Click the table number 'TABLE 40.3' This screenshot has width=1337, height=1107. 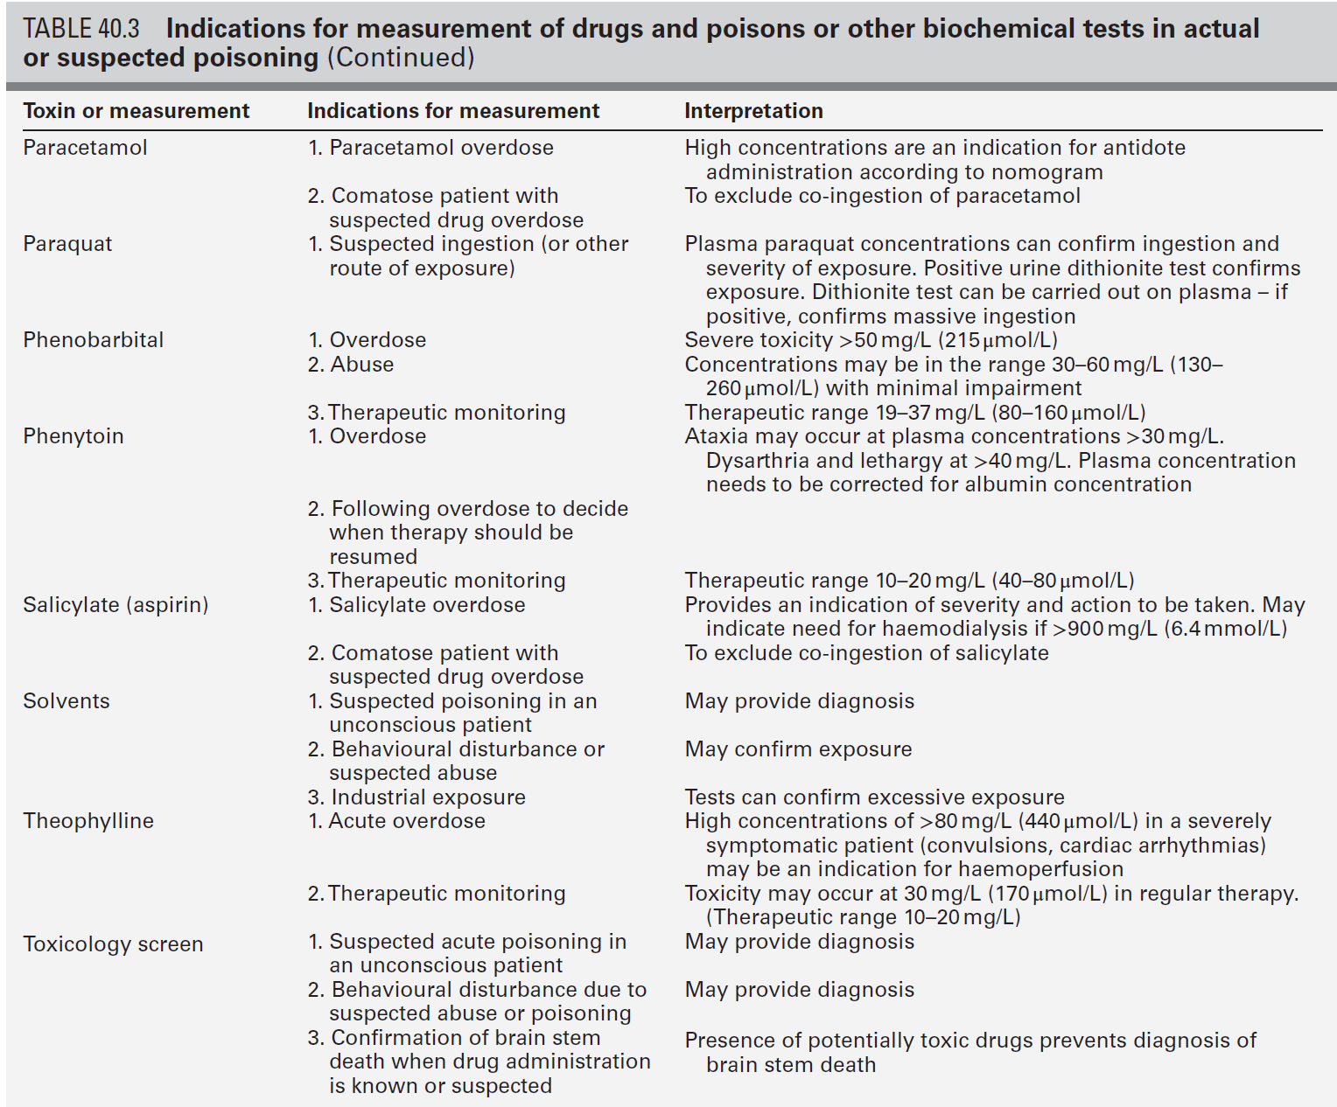[x=80, y=29]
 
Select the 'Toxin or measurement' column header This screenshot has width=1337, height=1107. [x=136, y=111]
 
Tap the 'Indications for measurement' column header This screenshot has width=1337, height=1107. [x=453, y=111]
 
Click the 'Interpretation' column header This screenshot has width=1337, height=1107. [x=753, y=111]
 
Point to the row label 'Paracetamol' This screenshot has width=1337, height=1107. [x=85, y=148]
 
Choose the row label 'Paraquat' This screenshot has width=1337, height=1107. [x=67, y=244]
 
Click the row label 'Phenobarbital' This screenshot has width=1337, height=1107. [x=94, y=340]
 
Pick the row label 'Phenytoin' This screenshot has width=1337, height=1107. [x=73, y=436]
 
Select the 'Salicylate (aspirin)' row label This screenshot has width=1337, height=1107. [x=115, y=605]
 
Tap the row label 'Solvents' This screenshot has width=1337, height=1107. [x=66, y=701]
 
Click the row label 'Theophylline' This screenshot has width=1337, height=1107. [x=88, y=821]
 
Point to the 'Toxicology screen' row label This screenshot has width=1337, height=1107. [x=113, y=944]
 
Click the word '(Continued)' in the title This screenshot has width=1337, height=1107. [x=401, y=58]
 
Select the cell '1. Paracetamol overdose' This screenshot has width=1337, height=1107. [x=430, y=148]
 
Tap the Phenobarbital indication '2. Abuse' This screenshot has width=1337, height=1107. [x=351, y=365]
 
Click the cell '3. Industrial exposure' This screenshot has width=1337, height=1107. [x=416, y=797]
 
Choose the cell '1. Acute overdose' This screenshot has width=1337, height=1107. [x=396, y=821]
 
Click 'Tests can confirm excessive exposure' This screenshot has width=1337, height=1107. [x=874, y=797]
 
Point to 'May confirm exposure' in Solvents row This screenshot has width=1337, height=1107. [x=798, y=749]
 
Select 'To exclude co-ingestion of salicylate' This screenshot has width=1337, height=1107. [x=866, y=653]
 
